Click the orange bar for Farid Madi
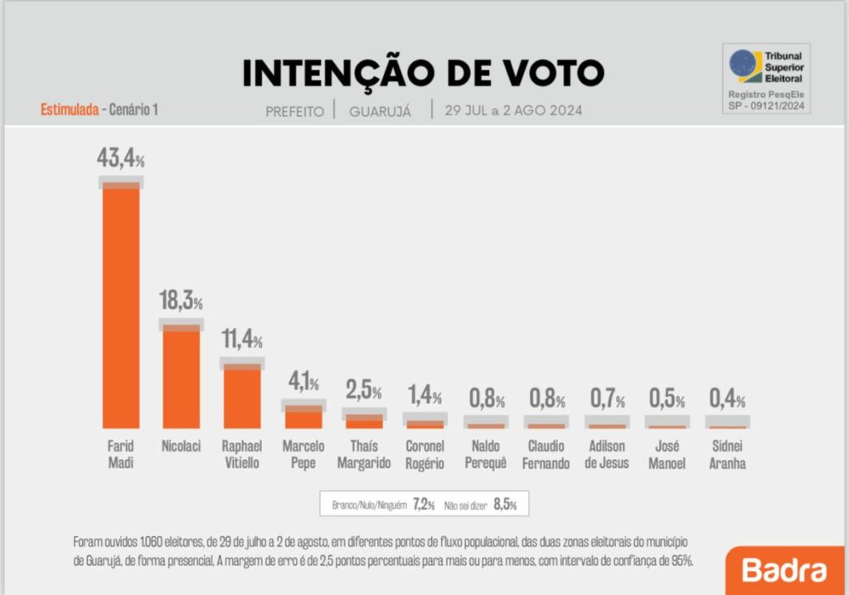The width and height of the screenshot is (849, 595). pyautogui.click(x=121, y=307)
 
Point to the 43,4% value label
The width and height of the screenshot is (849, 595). pyautogui.click(x=121, y=159)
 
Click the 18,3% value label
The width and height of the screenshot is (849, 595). pyautogui.click(x=181, y=301)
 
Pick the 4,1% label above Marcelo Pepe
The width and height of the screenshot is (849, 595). pyautogui.click(x=303, y=383)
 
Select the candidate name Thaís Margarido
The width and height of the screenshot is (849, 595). pyautogui.click(x=364, y=455)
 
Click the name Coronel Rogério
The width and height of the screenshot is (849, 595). pyautogui.click(x=425, y=455)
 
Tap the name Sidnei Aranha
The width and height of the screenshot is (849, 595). pyautogui.click(x=727, y=455)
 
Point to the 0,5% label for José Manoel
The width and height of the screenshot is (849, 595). pyautogui.click(x=667, y=399)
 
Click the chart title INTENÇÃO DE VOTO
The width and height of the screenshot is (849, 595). pyautogui.click(x=423, y=74)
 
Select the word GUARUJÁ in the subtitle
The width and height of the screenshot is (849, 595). pyautogui.click(x=381, y=111)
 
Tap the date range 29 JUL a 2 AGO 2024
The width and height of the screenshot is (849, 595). pyautogui.click(x=513, y=110)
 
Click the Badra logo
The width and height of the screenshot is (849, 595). pyautogui.click(x=784, y=571)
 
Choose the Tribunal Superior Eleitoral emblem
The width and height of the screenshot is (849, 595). pyautogui.click(x=744, y=66)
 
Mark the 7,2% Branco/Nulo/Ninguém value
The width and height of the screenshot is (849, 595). pyautogui.click(x=424, y=504)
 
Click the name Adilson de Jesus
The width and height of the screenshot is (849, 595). pyautogui.click(x=606, y=455)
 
